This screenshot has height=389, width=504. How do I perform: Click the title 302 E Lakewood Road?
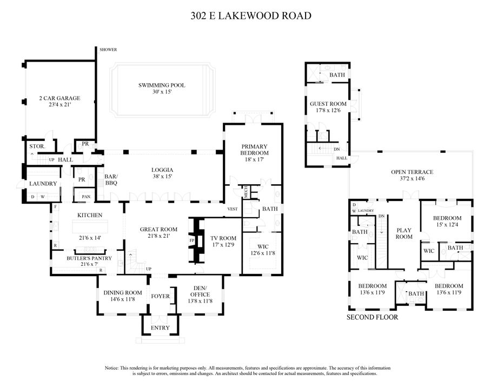[251, 16]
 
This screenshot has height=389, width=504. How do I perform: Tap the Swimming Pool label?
[162, 85]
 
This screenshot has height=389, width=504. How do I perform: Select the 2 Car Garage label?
[59, 98]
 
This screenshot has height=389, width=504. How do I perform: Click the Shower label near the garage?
[108, 50]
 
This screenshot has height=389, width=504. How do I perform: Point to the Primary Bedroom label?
[254, 150]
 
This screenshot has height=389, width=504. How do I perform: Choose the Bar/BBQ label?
[111, 180]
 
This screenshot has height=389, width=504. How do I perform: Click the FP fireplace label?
[191, 240]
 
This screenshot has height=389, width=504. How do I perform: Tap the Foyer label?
[160, 296]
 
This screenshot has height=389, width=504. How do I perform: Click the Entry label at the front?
[160, 327]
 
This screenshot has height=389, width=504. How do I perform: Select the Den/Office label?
[200, 290]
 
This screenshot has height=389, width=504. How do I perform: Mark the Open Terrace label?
[412, 172]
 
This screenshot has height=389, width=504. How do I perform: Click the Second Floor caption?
[372, 317]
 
